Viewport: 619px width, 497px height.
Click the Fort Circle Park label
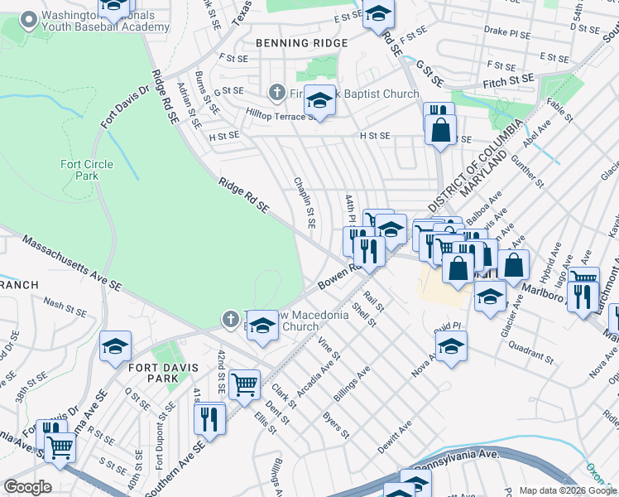pyautogui.click(x=86, y=170)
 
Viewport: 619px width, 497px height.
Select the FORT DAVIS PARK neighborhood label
pyautogui.click(x=148, y=370)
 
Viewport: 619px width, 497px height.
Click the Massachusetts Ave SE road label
pyautogui.click(x=72, y=263)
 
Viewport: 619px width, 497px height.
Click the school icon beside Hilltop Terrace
pyautogui.click(x=319, y=100)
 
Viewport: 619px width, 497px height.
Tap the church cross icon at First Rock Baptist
pyautogui.click(x=277, y=93)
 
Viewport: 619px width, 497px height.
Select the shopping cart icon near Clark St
pyautogui.click(x=244, y=384)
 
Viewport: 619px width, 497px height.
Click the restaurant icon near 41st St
pyautogui.click(x=209, y=417)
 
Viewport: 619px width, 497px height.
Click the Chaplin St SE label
pyautogui.click(x=305, y=202)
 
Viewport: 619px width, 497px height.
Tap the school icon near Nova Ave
pyautogui.click(x=451, y=347)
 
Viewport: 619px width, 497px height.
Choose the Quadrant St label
pyautogui.click(x=534, y=354)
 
